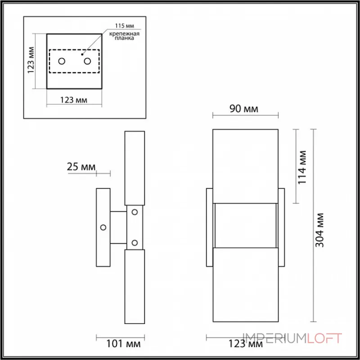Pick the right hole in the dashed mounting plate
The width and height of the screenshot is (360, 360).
pyautogui.click(x=87, y=61)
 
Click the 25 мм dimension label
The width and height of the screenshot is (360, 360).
pyautogui.click(x=81, y=167)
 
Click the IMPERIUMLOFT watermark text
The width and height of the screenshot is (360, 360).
pyautogui.click(x=292, y=338)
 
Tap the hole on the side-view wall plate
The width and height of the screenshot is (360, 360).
pyautogui.click(x=103, y=227)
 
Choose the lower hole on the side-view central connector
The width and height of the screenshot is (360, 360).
pyautogui.click(x=134, y=243)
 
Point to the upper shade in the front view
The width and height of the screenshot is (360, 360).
pyautogui.click(x=245, y=164)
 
